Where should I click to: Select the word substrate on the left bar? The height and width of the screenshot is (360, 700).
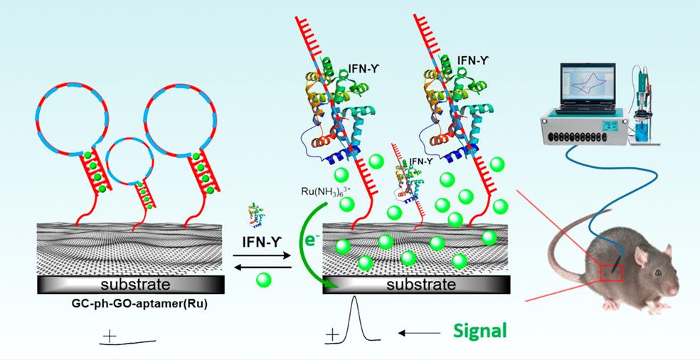click(132, 285)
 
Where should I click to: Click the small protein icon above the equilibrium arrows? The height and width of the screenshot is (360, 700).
click(257, 215)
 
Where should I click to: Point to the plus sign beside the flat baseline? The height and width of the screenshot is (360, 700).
click(110, 334)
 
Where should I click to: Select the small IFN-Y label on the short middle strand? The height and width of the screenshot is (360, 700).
click(419, 162)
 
